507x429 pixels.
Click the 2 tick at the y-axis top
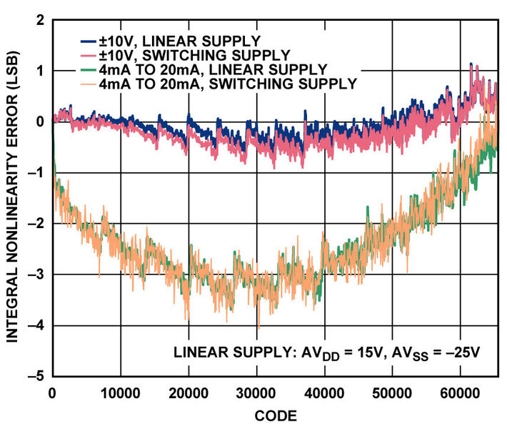click(39, 21)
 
